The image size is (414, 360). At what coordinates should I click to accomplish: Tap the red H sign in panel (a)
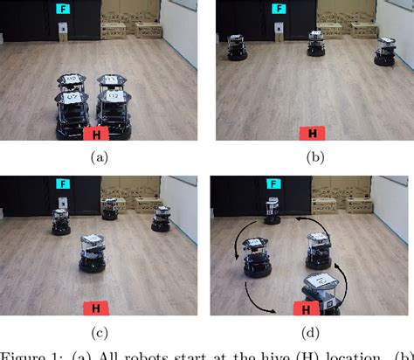[x=95, y=134]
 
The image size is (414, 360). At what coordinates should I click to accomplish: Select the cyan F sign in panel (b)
[x=278, y=9]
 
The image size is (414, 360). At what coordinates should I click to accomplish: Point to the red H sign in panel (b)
[x=311, y=134]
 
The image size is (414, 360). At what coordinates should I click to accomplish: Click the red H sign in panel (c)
[x=95, y=308]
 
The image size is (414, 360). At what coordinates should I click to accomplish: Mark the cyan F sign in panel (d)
[x=274, y=184]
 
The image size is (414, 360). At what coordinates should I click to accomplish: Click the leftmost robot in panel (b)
[x=234, y=48]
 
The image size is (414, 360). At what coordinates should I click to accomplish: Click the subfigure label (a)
[x=100, y=157]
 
